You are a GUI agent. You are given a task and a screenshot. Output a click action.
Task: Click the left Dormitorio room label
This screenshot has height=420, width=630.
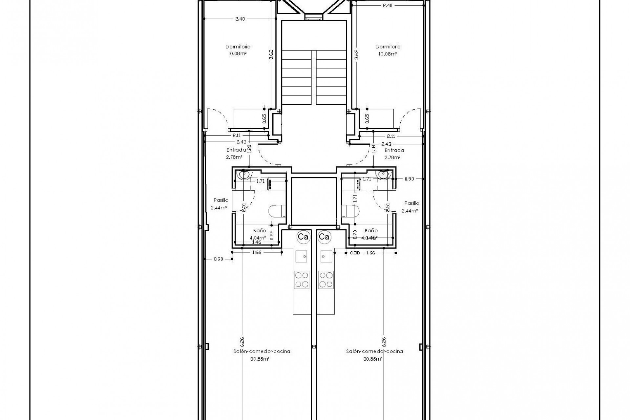pos(238,47)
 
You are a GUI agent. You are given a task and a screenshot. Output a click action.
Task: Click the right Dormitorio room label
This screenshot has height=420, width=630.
pos(388,47)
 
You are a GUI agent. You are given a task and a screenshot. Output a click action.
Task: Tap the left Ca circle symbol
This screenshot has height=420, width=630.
pos(303,237)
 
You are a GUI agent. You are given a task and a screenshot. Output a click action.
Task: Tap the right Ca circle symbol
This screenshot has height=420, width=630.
pos(324,237)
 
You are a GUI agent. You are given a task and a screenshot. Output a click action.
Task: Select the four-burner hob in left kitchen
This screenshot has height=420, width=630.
pos(301,280)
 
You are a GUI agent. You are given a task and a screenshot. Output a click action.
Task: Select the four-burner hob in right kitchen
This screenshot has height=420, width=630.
pos(326,280)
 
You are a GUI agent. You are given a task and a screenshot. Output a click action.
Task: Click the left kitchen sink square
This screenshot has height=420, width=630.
pos(302,256)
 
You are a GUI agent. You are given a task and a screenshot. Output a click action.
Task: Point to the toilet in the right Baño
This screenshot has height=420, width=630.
pos(350,211)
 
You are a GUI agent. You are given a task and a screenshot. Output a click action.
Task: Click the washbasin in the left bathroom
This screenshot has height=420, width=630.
pos(244,175)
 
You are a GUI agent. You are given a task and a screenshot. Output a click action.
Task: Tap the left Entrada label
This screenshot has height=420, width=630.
pos(236,150)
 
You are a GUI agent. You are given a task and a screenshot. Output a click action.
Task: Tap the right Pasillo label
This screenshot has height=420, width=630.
pos(411,203)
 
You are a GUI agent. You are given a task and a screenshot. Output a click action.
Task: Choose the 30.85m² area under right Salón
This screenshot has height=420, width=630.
pos(372,359)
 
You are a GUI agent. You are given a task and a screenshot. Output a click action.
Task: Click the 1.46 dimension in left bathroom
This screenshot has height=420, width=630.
pos(257,242)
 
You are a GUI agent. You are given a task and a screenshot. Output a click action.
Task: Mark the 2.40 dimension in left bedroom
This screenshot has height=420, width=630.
pos(240,19)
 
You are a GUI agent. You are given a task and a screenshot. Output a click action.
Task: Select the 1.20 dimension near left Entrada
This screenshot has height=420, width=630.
pos(249,149)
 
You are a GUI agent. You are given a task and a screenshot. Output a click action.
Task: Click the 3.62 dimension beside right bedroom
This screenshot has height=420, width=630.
pos(356,54)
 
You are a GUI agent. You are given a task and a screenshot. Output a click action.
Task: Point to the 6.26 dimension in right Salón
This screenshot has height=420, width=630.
pos(384,342)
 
